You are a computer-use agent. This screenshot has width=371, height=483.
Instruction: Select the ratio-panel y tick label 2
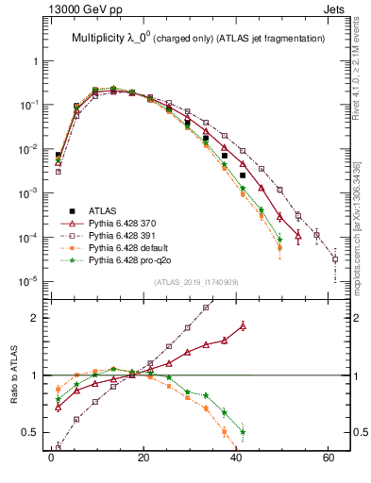point(33,318)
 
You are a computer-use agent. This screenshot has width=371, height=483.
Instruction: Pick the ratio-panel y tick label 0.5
point(28,432)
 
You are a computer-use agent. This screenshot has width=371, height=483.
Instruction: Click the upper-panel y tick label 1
point(33,60)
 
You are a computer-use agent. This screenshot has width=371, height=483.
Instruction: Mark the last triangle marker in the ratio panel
point(243,325)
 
